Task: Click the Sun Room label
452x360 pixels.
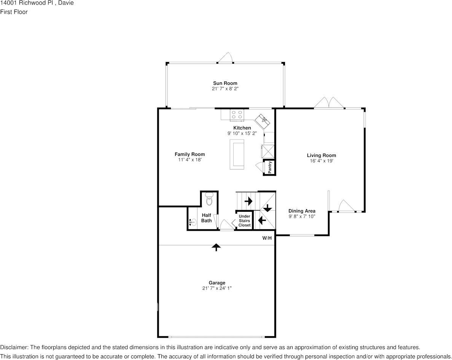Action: pos(225,83)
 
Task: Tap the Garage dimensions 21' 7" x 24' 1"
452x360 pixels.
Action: pos(217,288)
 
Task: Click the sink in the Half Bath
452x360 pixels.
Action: pos(192,223)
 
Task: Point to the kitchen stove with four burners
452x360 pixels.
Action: pos(237,114)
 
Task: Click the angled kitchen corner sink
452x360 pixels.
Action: pos(263,121)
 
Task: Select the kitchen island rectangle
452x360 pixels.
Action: pos(237,154)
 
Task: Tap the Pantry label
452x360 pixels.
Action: pos(270,167)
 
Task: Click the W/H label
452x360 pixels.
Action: pos(267,238)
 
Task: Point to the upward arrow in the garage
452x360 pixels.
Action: pos(216,247)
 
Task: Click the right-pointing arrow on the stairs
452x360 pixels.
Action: pos(249,201)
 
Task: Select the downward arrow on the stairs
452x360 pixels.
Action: pos(267,208)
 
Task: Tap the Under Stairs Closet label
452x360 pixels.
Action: pos(245,221)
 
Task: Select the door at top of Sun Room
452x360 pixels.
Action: pos(225,58)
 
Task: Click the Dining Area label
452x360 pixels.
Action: pos(302,211)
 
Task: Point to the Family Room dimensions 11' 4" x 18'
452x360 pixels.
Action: pos(189,160)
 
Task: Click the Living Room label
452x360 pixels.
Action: pos(321,155)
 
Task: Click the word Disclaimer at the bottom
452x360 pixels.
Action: pos(14,347)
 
